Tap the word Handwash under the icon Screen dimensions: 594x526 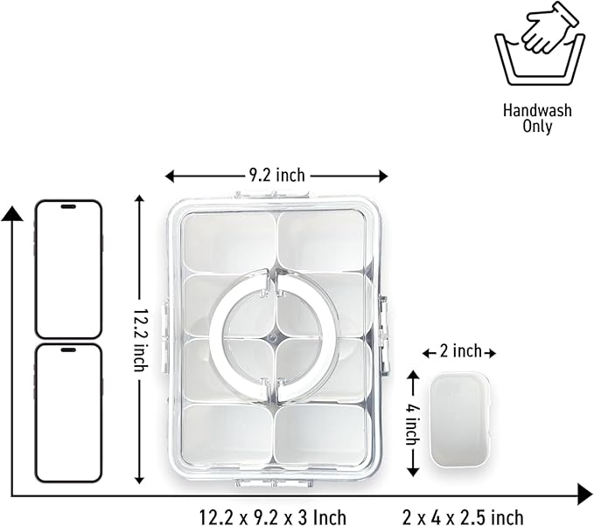coord(537,110)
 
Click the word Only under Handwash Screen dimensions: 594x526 coord(537,126)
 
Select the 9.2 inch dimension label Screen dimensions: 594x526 coord(277,176)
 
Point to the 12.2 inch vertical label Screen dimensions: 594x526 coord(140,339)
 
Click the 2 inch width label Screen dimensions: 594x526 coord(460,351)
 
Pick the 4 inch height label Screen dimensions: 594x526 coord(413,424)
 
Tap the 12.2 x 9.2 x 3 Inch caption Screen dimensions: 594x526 coord(273,517)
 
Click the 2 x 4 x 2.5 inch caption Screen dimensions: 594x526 coord(463,517)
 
